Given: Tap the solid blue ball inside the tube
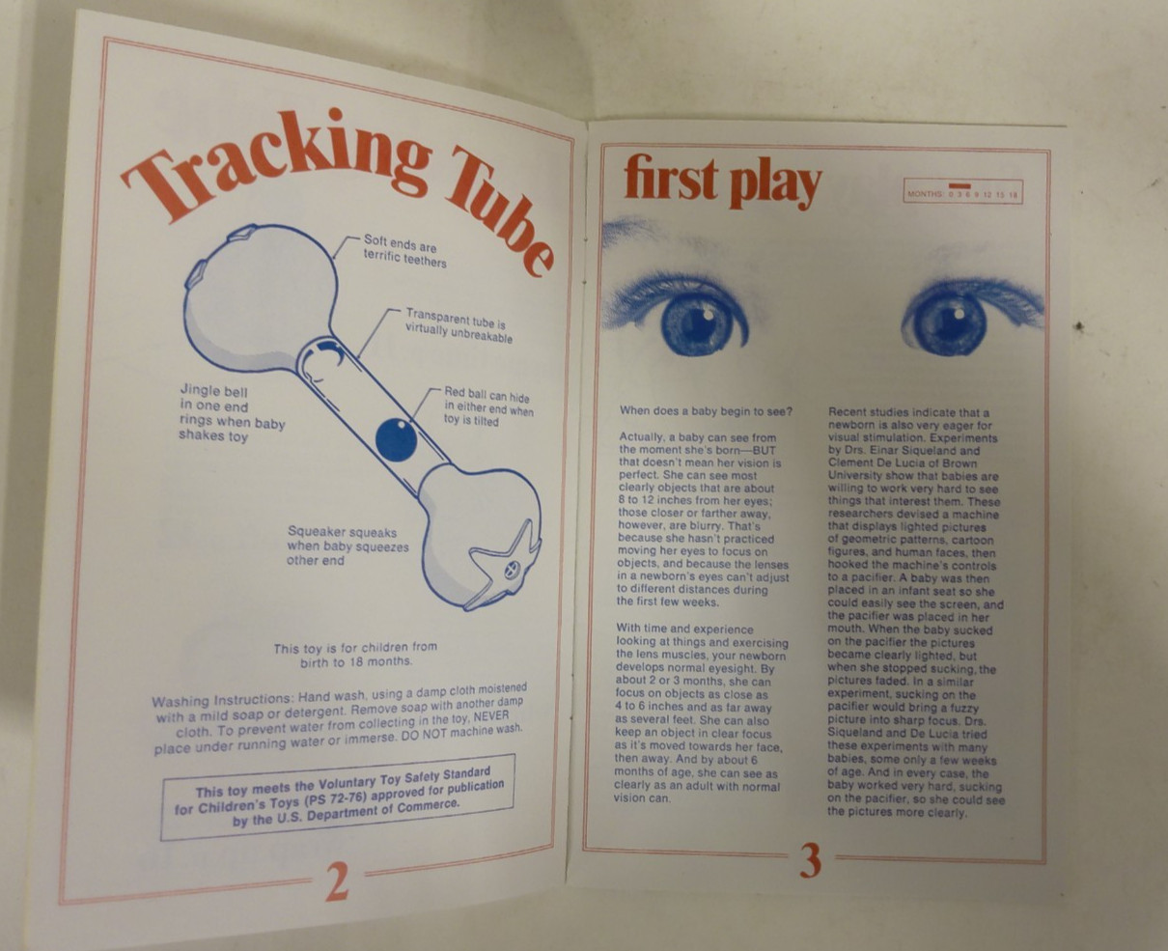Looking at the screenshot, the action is point(396,440).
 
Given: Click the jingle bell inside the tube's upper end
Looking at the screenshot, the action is point(323,363).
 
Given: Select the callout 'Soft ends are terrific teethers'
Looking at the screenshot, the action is point(404,251).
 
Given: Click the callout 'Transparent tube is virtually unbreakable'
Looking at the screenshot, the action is point(459,325).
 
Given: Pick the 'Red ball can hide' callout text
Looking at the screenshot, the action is point(488,406).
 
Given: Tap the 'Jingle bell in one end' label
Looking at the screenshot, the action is point(232,413).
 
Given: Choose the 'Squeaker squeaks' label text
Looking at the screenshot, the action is point(348,546).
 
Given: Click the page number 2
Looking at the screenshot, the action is point(337,881).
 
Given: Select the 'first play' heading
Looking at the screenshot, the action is point(723,180).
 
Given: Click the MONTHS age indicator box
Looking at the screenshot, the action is point(963,192).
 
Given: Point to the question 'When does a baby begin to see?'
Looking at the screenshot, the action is point(706,410).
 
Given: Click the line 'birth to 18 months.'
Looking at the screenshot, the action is point(356,662).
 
